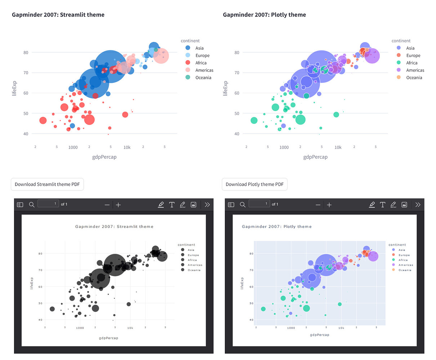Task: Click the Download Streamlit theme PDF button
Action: coord(47,184)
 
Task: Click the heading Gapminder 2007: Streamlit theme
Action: coord(58,15)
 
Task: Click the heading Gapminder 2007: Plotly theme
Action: coord(264,15)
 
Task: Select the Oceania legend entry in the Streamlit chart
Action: coord(203,78)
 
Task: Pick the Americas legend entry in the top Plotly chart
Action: coord(415,70)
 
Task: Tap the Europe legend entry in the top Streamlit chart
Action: coord(202,55)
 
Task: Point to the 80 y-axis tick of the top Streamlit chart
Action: coord(26,53)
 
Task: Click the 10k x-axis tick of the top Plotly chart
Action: coord(338,147)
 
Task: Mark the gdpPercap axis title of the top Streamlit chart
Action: coord(104,157)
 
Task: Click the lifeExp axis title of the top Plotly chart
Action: coord(226,88)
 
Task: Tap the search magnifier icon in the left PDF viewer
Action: coord(32,204)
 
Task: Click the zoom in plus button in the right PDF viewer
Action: coord(329,205)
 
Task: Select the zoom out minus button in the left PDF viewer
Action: coord(107,205)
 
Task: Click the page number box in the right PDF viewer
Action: coord(259,204)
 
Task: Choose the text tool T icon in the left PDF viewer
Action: coord(172,204)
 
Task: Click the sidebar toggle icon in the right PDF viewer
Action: coord(231,204)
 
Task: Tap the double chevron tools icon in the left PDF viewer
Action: coord(207,204)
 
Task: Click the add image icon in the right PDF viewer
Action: coord(404,204)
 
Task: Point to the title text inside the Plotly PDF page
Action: coord(276,227)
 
